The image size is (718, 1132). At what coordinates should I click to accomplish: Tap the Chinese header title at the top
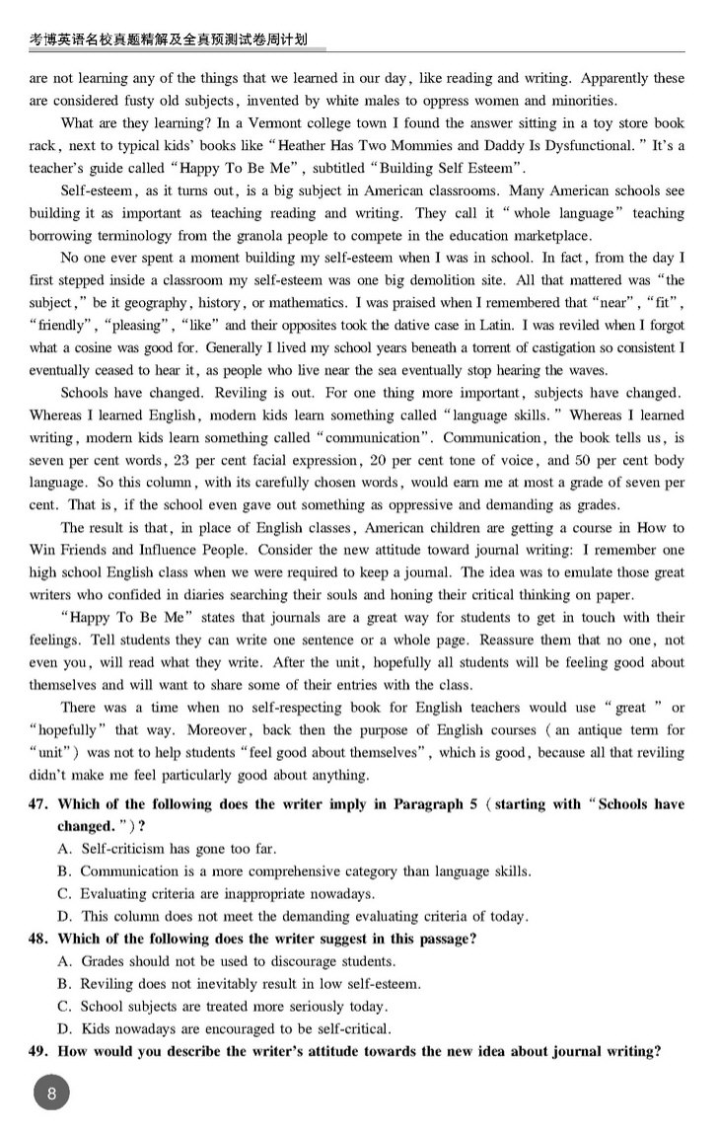pyautogui.click(x=168, y=39)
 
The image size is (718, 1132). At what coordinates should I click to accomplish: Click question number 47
pyautogui.click(x=38, y=804)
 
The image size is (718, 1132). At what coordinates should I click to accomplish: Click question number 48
pyautogui.click(x=38, y=939)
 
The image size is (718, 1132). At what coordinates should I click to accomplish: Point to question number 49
pyautogui.click(x=38, y=1051)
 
